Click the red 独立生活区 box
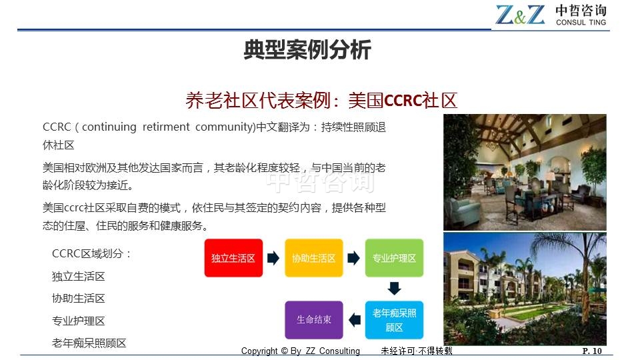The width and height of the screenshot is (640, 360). [233, 258]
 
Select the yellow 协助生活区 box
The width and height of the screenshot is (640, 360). [314, 258]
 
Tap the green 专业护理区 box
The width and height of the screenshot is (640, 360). [394, 258]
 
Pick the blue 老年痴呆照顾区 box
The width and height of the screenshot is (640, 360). [394, 320]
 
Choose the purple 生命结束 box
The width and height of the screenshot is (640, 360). [314, 320]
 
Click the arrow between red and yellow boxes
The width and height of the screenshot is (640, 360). [273, 258]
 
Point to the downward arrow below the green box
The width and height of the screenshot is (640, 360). [394, 289]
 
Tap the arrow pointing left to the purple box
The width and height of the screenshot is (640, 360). [355, 320]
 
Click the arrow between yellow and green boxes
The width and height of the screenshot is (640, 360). [354, 258]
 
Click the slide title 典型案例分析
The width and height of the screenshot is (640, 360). [307, 50]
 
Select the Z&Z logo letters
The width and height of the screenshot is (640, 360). [520, 15]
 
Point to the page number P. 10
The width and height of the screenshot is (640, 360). [592, 351]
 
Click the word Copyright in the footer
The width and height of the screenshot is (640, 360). [259, 351]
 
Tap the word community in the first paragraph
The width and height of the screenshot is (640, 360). [225, 127]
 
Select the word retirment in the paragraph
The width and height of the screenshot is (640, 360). [166, 127]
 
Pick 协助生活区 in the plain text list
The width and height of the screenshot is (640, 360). [79, 299]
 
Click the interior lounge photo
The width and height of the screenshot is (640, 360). [525, 172]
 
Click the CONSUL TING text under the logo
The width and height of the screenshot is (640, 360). [581, 23]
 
